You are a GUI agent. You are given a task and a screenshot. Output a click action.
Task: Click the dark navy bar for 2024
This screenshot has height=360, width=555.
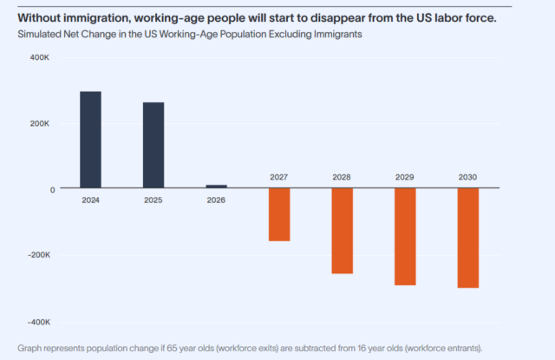coord(90,140)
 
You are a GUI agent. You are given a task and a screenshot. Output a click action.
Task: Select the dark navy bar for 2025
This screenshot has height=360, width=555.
coord(153,145)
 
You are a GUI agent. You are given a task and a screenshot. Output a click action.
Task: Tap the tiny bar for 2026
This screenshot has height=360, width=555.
coord(216,187)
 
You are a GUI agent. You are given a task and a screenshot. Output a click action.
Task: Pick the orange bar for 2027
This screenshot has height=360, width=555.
coord(279,214)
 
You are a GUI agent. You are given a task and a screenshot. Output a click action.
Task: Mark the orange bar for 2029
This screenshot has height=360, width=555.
coord(405,237)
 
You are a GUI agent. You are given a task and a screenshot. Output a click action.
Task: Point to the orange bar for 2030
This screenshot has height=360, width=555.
coord(467,238)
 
